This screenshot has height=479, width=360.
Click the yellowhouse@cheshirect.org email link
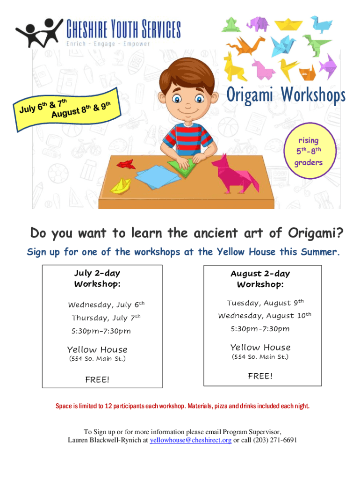190,440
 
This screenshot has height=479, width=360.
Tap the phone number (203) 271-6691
275,440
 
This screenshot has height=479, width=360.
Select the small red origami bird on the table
126,164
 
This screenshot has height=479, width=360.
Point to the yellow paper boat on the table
121,186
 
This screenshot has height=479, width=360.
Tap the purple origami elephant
258,23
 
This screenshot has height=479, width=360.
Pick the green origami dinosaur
316,45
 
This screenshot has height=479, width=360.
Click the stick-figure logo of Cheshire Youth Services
39,32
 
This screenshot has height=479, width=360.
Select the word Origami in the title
250,94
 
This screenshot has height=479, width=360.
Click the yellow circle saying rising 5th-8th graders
310,151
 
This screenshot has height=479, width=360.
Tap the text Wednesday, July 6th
106,304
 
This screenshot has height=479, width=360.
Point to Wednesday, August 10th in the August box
265,315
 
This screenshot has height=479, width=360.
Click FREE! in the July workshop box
97,379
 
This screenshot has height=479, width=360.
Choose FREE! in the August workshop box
260,376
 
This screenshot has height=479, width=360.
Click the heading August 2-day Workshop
260,279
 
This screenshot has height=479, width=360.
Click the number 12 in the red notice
108,406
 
